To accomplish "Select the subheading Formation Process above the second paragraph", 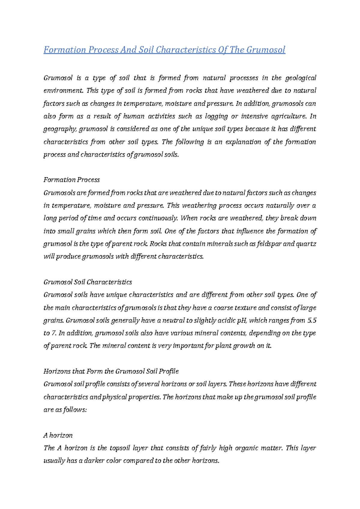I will click(71, 180).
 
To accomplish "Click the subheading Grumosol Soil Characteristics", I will click(88, 282).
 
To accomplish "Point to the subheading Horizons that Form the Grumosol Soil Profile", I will click(111, 371).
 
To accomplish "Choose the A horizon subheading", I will click(58, 435).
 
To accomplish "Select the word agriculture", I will click(289, 116).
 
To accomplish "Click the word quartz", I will click(306, 244).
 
